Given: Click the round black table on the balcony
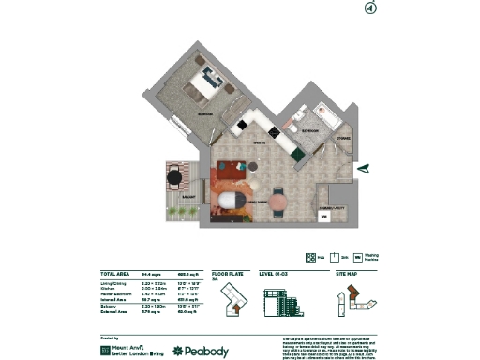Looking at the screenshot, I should pyautogui.click(x=174, y=175).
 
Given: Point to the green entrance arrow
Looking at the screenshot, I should pyautogui.click(x=366, y=168).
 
